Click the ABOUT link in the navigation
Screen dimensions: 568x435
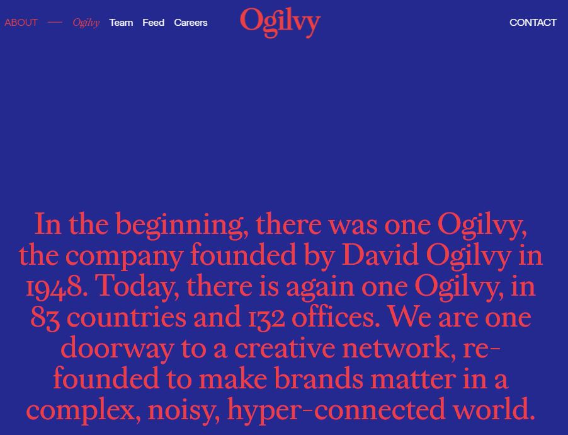[21, 23]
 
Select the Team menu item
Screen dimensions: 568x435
[121, 23]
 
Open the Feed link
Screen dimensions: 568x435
[153, 23]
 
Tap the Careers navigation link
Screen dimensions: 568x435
[191, 23]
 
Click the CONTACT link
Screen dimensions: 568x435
[533, 23]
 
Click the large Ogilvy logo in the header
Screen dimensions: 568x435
[280, 23]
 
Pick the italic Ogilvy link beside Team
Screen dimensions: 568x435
[86, 23]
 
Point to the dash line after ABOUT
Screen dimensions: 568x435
[55, 23]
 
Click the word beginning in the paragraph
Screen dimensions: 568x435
[179, 225]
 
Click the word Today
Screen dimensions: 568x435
[137, 287]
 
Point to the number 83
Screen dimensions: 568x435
[45, 318]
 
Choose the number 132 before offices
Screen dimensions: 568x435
[266, 318]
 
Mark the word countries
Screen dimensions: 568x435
[127, 318]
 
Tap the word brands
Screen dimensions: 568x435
[319, 378]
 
